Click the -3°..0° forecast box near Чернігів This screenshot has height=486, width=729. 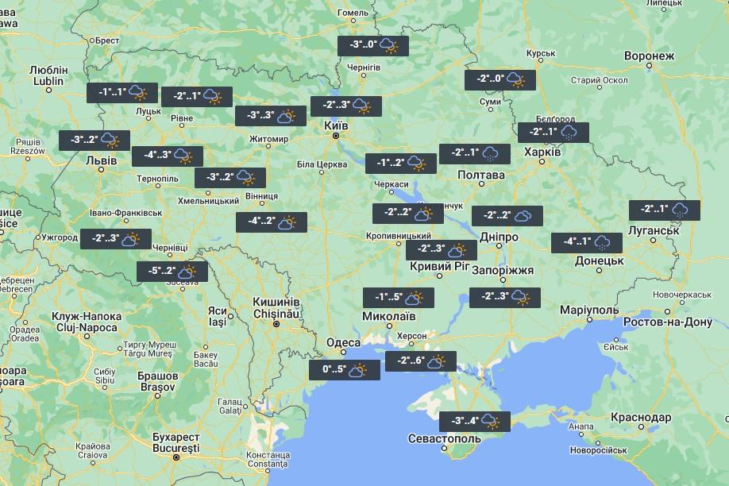[373, 46]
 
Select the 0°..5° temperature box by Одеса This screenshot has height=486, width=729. [345, 370]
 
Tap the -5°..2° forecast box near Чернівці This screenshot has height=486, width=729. [172, 272]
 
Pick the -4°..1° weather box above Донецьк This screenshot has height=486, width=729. [587, 242]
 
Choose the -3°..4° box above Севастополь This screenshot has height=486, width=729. [474, 421]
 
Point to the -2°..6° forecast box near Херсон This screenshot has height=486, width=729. [421, 361]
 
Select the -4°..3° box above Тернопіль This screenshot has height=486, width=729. [168, 156]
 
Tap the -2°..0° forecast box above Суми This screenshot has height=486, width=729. [499, 79]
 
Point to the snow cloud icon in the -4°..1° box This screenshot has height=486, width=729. [603, 243]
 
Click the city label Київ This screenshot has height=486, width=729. [336, 125]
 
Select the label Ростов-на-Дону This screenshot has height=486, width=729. [669, 322]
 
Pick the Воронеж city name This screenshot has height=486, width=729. [649, 56]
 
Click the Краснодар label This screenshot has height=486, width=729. [641, 417]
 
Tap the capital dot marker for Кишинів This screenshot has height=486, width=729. [276, 324]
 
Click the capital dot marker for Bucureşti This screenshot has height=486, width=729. [176, 449]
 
